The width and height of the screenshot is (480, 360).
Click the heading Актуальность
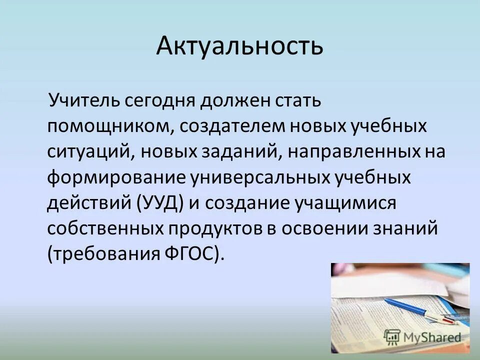click(x=239, y=46)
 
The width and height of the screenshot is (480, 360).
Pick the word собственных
click(x=105, y=229)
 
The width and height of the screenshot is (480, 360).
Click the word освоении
click(x=329, y=229)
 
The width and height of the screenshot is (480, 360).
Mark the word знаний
click(x=409, y=229)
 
